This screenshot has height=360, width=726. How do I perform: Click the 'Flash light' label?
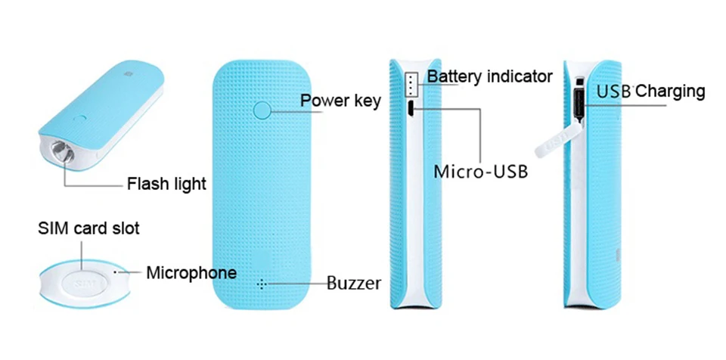166,184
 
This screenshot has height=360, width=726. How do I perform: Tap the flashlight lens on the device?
63,152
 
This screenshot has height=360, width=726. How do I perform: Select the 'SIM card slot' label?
88,228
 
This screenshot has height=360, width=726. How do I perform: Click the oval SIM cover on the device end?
84,283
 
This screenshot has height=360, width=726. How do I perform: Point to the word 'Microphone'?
191,272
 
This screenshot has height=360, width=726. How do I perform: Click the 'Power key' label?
340,100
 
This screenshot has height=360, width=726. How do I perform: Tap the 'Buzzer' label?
354,283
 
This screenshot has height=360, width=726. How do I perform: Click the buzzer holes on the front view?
262,284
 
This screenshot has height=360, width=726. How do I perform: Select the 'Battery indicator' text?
489,76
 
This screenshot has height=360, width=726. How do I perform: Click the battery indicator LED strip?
411,84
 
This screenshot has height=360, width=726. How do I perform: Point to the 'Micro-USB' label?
481,172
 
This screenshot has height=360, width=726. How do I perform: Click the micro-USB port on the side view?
411,109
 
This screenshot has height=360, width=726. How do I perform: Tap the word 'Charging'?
670,92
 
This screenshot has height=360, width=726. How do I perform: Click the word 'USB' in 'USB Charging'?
614,92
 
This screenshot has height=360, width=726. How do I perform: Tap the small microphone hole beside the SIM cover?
115,272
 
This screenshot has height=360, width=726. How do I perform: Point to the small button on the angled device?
79,118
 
